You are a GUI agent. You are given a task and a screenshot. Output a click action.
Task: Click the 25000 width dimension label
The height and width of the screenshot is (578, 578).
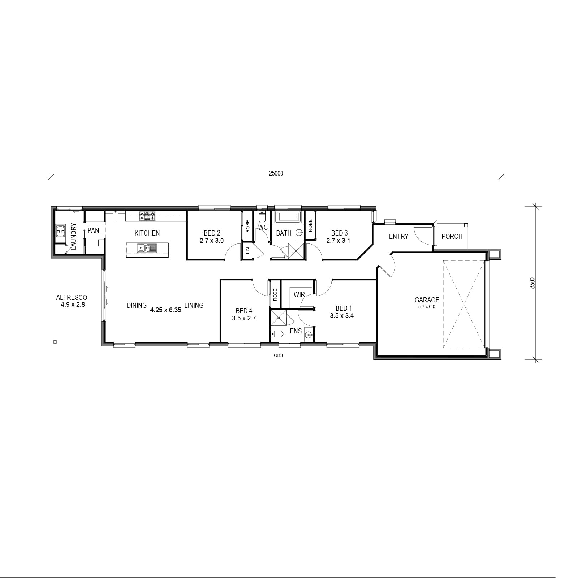276,173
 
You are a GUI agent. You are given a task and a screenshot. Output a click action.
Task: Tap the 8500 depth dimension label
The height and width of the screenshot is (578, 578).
532,283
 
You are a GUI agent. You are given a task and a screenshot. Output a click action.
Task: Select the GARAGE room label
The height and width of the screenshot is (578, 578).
427,300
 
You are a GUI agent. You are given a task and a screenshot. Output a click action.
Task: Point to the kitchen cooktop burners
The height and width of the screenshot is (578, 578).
147,216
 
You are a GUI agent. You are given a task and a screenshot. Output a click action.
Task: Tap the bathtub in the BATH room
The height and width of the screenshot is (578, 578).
287,217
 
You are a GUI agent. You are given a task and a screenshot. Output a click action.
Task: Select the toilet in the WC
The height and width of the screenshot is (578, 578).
262,217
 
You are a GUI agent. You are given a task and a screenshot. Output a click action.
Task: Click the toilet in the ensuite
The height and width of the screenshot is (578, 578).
278,334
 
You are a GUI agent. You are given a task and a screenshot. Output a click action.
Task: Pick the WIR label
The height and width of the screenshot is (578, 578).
299,294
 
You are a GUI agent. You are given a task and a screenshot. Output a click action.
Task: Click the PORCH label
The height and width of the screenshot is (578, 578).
452,236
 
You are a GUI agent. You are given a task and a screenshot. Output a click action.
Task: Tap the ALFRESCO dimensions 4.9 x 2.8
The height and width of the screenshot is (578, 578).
73,305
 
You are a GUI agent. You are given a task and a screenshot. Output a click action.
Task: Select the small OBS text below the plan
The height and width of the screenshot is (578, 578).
279,355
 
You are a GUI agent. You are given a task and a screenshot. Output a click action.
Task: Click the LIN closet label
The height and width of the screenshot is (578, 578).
248,250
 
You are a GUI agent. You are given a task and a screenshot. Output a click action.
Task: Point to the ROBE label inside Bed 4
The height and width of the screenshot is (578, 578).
275,295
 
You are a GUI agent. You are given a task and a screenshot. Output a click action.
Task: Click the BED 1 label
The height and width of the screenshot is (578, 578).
344,308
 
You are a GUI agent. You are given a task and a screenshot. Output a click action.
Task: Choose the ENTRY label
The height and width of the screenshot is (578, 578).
398,236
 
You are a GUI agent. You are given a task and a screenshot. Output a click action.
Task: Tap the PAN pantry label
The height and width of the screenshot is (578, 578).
93,230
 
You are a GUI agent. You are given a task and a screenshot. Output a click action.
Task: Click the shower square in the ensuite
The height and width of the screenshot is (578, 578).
279,318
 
